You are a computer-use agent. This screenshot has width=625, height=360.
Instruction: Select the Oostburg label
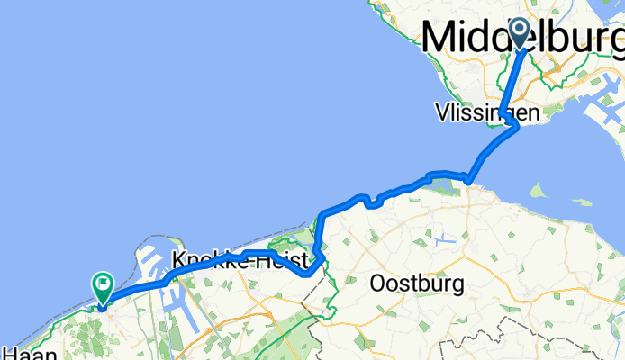[x=417, y=284]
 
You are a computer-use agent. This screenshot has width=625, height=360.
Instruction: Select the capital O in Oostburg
[x=377, y=284]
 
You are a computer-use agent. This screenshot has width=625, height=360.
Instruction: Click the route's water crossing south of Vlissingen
[x=492, y=149]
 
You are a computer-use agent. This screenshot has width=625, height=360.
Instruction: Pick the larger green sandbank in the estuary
[x=539, y=191]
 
